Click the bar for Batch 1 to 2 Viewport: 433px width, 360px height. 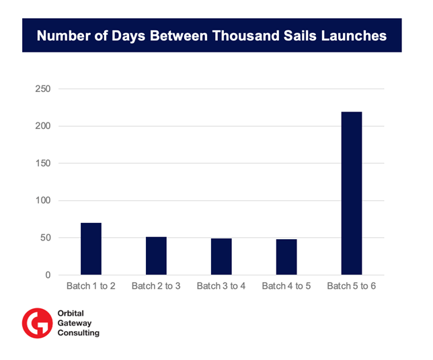point(91,249)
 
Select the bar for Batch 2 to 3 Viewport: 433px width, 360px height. point(156,256)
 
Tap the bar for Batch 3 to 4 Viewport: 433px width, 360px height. point(221,257)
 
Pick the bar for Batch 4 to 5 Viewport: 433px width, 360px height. point(286,257)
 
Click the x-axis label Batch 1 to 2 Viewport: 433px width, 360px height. point(91,286)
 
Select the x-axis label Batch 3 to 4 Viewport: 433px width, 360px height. point(221,286)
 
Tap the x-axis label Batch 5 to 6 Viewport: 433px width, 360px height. point(352,286)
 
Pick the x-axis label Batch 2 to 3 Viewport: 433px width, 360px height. point(156,286)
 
